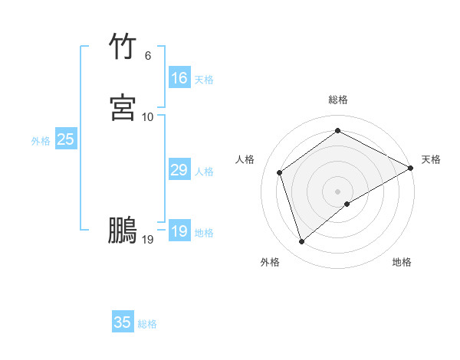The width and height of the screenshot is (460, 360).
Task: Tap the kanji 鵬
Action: coord(123,231)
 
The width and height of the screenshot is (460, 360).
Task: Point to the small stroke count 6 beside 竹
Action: coord(148,56)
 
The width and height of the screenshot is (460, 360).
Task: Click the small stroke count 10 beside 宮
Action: coord(148,116)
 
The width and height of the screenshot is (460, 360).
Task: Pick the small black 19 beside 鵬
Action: coord(148,240)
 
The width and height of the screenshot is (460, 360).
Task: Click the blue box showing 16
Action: coord(179,78)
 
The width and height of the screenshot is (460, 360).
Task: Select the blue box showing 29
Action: coord(179,170)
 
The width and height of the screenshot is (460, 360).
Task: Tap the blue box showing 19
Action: coord(179,231)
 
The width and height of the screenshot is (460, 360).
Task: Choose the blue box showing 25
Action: coord(65,139)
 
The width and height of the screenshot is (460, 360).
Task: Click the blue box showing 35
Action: coord(123,322)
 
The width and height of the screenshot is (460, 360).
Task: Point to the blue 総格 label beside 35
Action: coord(147,324)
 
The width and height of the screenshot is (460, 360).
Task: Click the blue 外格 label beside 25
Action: coord(41,141)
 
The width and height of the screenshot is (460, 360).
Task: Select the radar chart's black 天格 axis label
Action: coord(431,159)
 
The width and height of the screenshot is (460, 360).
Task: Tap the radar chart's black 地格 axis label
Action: coord(402,263)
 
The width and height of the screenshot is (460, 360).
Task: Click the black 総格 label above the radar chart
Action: coord(338,100)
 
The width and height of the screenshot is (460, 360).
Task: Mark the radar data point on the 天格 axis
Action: coord(411,168)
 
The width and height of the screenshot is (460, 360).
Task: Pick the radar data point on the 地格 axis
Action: coord(347,204)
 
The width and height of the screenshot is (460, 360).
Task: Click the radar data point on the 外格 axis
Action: coord(301,242)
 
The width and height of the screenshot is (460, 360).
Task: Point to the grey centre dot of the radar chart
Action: coord(338,191)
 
